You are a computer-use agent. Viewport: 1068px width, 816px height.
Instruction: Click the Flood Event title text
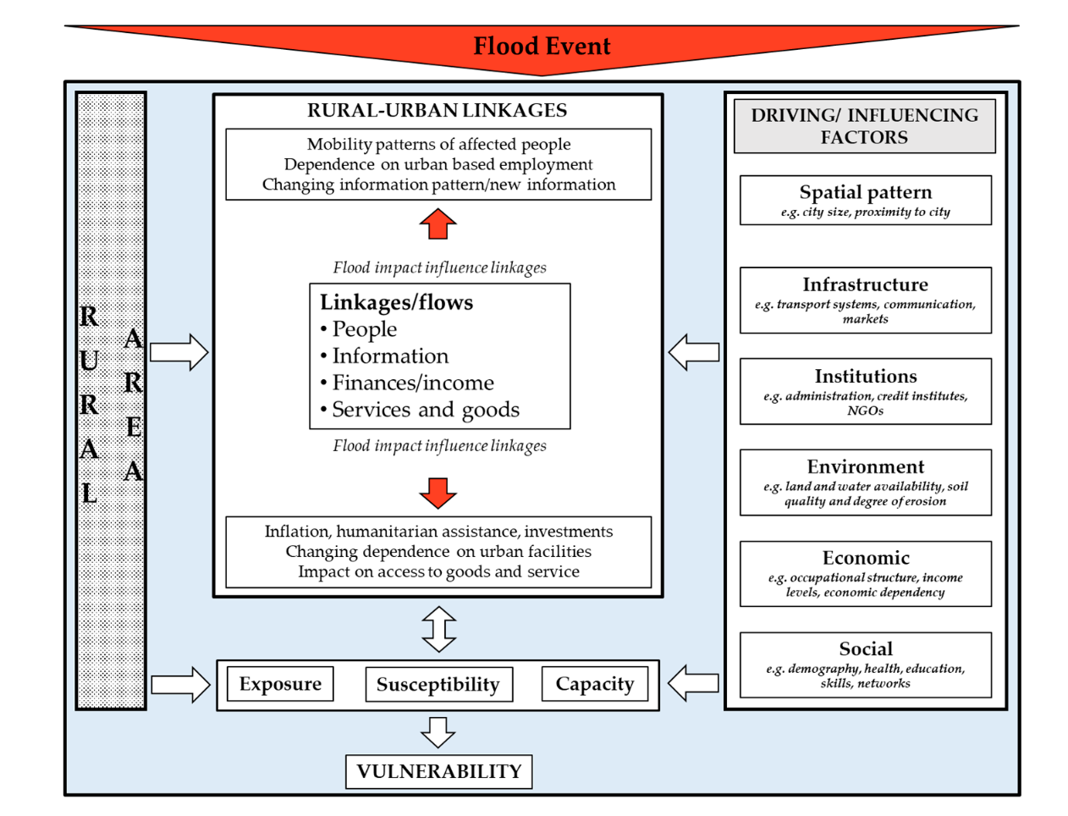click(542, 46)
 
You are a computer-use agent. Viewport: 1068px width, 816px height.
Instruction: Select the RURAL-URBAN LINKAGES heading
click(437, 110)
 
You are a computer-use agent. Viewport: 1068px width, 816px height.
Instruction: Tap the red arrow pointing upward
click(438, 224)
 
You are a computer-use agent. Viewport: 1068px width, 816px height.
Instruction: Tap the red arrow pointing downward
click(438, 493)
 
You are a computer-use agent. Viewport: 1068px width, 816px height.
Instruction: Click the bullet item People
click(364, 329)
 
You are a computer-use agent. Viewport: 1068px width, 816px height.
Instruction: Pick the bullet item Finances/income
click(412, 383)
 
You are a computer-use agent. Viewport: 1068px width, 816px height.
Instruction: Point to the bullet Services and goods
click(425, 410)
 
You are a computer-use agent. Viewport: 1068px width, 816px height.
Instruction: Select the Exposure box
click(280, 684)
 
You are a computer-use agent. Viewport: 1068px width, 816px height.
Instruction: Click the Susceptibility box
click(438, 684)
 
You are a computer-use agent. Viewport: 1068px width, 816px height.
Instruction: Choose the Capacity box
click(594, 684)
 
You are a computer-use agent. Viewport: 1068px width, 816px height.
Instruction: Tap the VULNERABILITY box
click(438, 771)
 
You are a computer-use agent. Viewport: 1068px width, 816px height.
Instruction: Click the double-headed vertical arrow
click(438, 629)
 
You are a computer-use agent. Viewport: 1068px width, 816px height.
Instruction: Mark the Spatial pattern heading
click(865, 192)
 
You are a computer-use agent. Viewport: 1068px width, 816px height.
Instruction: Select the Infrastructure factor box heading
click(865, 284)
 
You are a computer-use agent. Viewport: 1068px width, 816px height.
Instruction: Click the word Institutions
click(865, 376)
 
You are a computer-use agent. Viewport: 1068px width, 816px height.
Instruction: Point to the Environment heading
click(865, 466)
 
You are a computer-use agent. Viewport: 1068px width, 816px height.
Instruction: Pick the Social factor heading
click(865, 648)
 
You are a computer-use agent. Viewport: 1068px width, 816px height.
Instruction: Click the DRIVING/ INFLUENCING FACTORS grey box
click(864, 126)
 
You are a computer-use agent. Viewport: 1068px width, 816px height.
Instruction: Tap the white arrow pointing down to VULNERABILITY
click(438, 732)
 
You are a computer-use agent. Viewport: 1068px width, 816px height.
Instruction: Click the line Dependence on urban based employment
click(438, 164)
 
